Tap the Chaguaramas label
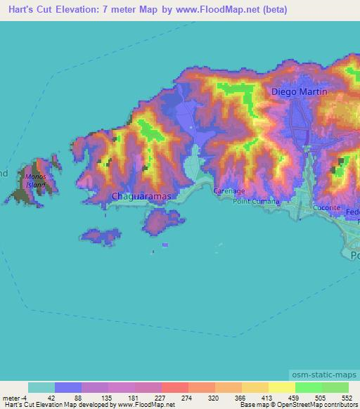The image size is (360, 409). pyautogui.click(x=141, y=197)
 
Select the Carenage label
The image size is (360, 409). pyautogui.click(x=229, y=191)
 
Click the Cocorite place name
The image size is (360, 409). pyautogui.click(x=327, y=208)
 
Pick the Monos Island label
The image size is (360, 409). pyautogui.click(x=35, y=181)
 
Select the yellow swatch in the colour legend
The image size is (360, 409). pyautogui.click(x=281, y=387)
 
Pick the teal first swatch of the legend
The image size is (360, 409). pyautogui.click(x=41, y=387)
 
